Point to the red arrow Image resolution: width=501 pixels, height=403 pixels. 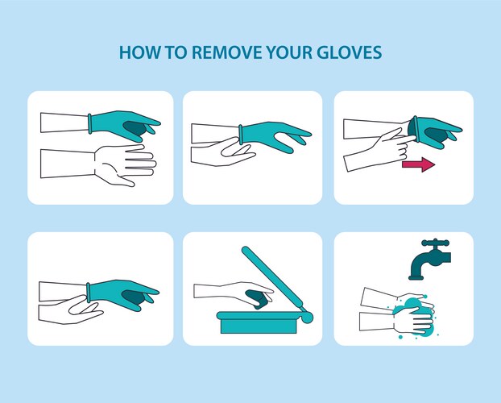(418, 164)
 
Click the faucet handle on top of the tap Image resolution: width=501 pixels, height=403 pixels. (435, 243)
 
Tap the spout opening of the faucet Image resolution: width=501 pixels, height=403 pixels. (416, 277)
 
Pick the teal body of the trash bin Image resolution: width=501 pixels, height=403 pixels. (259, 323)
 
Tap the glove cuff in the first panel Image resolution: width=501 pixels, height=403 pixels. (90, 123)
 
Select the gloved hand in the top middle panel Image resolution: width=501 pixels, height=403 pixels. (275, 136)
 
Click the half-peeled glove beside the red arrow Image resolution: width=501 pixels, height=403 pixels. (434, 131)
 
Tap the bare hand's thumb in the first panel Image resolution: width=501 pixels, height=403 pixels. (123, 180)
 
